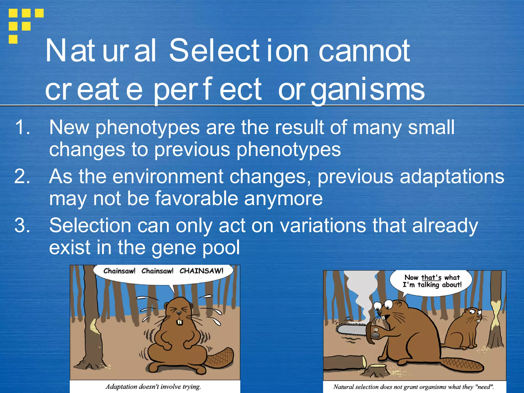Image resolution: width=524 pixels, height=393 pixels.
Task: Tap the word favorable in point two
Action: click(x=196, y=199)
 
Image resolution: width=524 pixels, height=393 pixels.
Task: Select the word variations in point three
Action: click(x=323, y=225)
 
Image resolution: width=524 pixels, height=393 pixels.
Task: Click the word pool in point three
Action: click(x=221, y=247)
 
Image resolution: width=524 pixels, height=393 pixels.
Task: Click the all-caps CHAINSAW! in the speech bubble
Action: click(x=201, y=271)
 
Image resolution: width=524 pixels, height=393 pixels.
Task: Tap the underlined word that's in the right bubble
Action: click(x=431, y=277)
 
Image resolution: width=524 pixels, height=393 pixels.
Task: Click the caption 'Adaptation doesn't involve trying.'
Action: click(x=153, y=386)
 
